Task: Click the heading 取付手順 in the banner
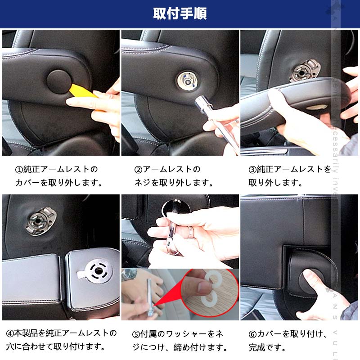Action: pos(180,14)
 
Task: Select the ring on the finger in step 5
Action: pos(191,232)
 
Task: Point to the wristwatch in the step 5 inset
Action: pos(130,274)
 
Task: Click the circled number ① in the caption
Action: pos(19,170)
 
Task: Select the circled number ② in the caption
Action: pos(138,170)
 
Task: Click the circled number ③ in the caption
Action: pos(252,170)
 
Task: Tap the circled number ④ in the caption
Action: pos(9,334)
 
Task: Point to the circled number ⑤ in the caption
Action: pos(136,334)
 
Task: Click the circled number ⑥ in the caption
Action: pos(252,334)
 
